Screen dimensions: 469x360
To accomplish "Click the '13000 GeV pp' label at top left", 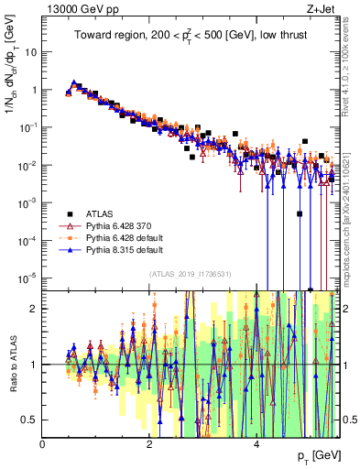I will point(74,9).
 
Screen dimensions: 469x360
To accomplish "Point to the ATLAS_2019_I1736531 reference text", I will point(191,274).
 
